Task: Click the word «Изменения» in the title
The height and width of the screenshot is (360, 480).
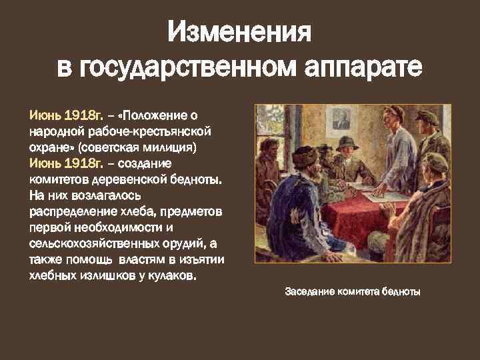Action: [239, 31]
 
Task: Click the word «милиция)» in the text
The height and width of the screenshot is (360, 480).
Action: [188, 147]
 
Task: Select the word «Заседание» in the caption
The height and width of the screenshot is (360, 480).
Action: [311, 291]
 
